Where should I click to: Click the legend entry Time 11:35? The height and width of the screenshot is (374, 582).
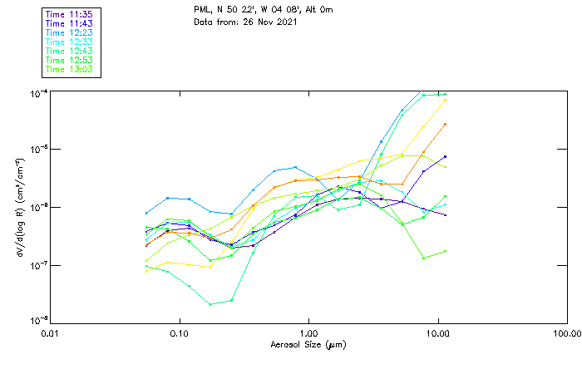coord(69,14)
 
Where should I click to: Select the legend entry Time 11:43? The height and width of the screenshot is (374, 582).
coord(69,23)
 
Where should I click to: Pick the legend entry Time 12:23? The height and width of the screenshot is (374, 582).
coord(69,32)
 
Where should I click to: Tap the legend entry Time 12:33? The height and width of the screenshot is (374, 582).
coord(69,42)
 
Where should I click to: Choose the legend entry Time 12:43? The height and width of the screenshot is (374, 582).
coord(69,51)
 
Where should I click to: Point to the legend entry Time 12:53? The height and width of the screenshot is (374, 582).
coord(69,60)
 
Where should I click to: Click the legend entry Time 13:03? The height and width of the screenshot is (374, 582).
coord(69,69)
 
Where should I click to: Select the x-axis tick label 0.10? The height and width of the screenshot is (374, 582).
coord(179,333)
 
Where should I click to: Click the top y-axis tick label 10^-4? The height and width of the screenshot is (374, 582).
coord(37,93)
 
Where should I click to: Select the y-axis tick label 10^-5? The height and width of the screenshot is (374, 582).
coord(37,150)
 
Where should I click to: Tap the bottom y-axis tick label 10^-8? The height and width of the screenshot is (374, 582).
coord(37,321)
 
